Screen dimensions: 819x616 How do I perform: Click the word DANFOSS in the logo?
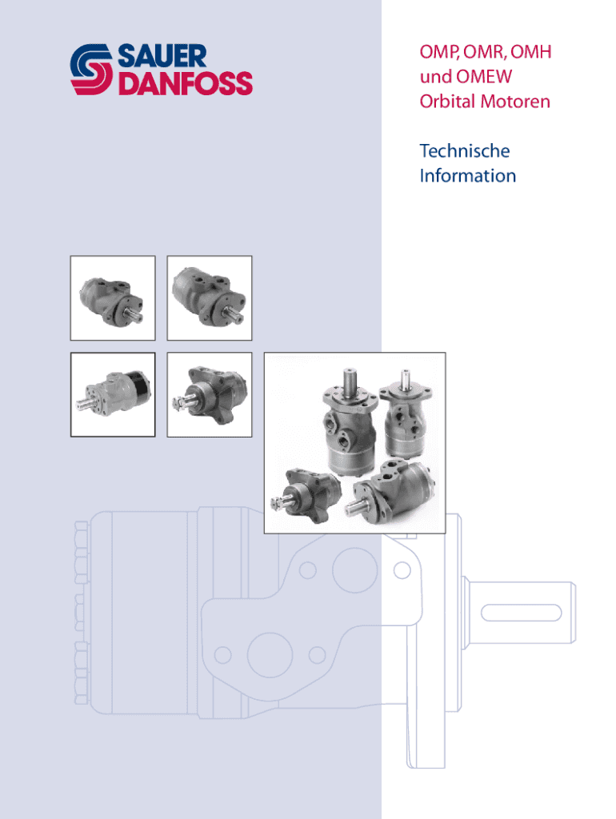(x=185, y=83)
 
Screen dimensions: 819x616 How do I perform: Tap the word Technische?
(x=465, y=150)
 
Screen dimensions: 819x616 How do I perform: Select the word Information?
(x=468, y=175)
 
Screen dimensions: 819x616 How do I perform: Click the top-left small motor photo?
(x=113, y=298)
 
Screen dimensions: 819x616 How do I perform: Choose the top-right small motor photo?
(x=209, y=298)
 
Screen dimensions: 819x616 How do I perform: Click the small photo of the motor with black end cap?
(x=113, y=394)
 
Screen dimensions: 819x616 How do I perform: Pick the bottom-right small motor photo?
(x=209, y=394)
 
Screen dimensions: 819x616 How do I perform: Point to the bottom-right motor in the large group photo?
(x=396, y=489)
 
